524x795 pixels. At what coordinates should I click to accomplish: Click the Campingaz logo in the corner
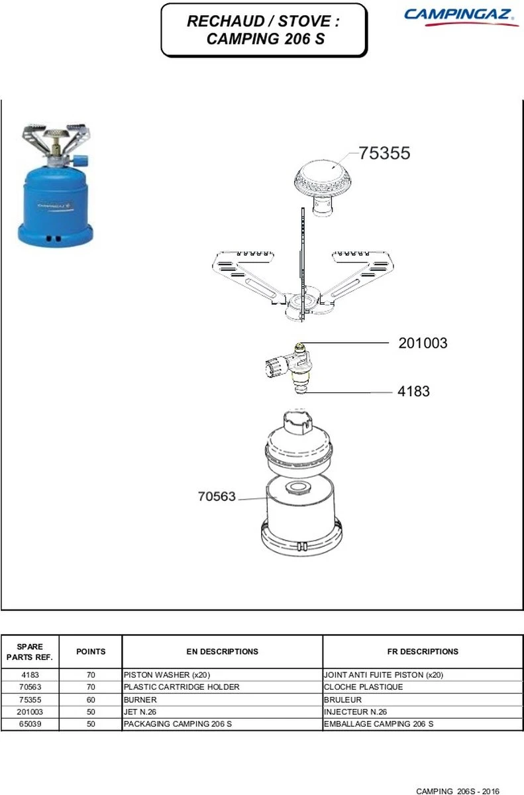point(461,17)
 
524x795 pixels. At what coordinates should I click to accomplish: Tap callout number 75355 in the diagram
point(384,153)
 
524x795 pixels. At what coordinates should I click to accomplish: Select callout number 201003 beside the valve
point(423,343)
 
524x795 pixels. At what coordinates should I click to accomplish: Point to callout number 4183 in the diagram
point(413,391)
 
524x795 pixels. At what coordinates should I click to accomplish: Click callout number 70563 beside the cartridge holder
point(217,496)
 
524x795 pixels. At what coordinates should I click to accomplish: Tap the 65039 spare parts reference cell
point(30,723)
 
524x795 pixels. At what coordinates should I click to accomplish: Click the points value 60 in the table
point(91,700)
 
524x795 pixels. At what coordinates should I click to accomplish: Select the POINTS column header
point(91,651)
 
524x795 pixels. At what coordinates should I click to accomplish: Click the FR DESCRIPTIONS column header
point(423,651)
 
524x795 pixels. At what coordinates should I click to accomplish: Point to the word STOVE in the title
point(304,21)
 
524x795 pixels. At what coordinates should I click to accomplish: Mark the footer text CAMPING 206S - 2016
point(458,791)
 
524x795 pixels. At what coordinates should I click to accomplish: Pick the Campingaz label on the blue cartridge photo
point(54,205)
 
